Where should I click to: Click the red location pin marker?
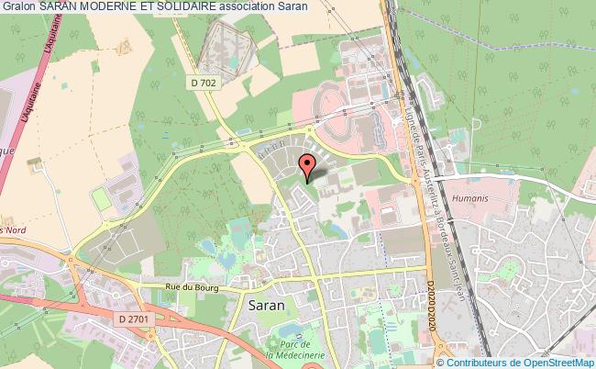(x=308, y=165)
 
